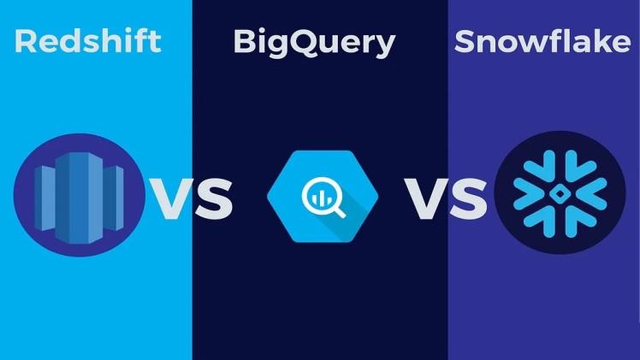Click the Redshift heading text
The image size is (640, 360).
coord(88,41)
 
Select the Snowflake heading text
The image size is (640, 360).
coord(542,41)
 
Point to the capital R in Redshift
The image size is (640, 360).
coord(26,41)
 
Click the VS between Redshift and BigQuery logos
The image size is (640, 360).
coord(192,198)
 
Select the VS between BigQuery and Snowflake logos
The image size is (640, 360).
coord(446,198)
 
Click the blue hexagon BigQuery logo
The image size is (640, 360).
coord(323,196)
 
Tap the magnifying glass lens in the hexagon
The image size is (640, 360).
coord(318,196)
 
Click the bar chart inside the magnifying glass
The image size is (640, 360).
coord(318,198)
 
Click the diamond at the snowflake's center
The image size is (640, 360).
coord(560,193)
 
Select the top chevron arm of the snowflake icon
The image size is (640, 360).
coord(560,165)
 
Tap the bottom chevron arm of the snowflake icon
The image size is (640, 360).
coord(560,222)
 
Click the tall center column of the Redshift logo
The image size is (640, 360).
coord(79,198)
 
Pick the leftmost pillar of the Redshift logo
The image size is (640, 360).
coord(44,198)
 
